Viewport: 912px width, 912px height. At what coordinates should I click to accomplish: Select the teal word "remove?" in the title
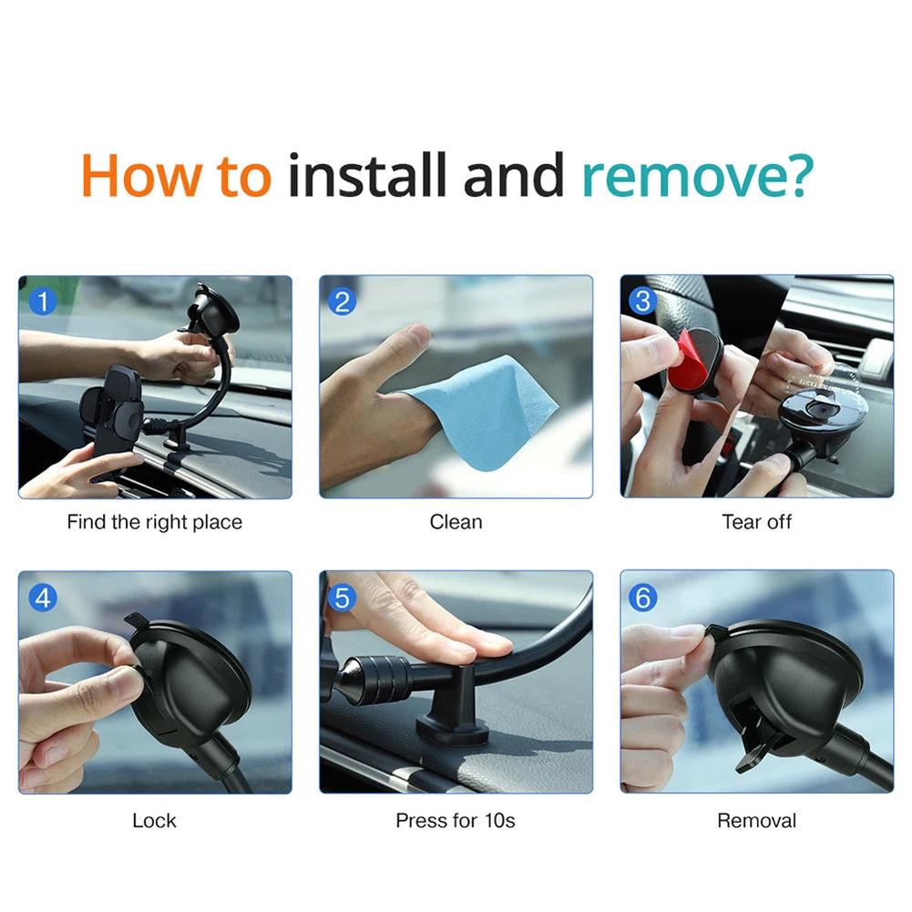[695, 177]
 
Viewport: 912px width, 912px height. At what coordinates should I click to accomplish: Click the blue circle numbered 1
[42, 300]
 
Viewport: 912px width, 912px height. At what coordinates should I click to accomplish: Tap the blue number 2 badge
[343, 300]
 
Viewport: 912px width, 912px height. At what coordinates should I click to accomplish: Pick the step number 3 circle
[643, 300]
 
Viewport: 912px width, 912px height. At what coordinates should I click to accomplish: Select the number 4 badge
[42, 598]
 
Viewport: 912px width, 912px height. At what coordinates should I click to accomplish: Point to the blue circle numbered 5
[343, 598]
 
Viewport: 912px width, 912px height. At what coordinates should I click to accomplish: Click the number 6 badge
[643, 598]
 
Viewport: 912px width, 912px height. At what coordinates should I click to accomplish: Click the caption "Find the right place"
[155, 522]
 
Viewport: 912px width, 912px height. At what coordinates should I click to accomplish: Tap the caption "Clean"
[456, 522]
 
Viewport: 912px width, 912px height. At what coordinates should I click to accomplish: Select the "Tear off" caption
[756, 522]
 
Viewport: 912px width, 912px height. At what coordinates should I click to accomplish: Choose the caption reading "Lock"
[155, 820]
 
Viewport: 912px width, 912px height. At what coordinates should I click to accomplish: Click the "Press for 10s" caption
[456, 820]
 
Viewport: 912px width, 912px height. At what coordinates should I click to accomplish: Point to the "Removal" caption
[756, 820]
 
